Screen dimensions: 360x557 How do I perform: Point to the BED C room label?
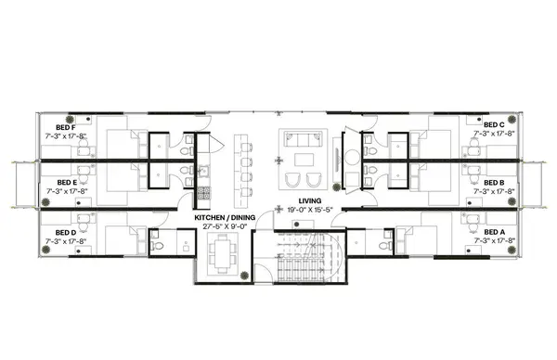(x=493, y=123)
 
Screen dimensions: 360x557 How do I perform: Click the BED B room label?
(x=493, y=183)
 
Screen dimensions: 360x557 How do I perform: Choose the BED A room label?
(x=493, y=232)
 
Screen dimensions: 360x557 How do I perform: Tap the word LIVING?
(x=309, y=201)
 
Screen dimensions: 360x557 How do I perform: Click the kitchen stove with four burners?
(x=203, y=193)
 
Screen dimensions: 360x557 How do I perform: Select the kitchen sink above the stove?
(x=203, y=171)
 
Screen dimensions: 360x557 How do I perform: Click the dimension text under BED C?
(x=493, y=134)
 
